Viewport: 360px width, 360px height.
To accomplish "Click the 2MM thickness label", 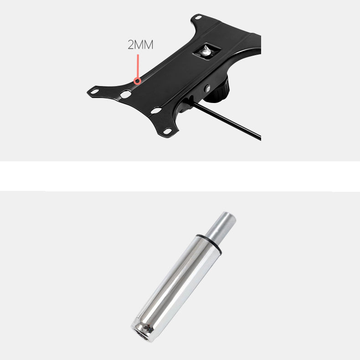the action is click(x=140, y=45).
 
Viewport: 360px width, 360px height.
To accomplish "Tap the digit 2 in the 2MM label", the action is click(x=131, y=45).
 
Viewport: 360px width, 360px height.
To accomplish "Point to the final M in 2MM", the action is click(x=149, y=45).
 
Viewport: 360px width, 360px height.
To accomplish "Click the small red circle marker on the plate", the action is click(x=137, y=81).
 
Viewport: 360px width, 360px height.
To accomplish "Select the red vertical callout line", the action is click(x=138, y=66).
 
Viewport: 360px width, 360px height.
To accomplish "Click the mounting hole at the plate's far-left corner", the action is click(x=94, y=92).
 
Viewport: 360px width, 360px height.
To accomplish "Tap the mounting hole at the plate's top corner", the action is click(x=198, y=17).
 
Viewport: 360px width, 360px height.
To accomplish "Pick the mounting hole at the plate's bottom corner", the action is click(x=168, y=131).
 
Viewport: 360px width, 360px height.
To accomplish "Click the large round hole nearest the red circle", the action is click(x=126, y=94).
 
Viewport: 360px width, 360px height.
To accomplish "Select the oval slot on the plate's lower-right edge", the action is click(x=156, y=111).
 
